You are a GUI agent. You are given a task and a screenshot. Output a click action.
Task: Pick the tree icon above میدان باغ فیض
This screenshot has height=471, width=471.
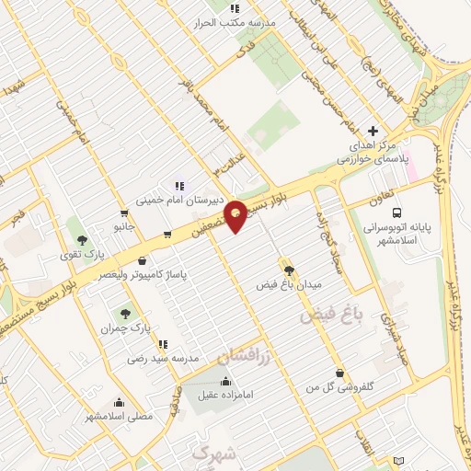coord(290,270)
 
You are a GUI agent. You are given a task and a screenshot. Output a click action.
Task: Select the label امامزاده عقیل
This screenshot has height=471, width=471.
coord(226,395)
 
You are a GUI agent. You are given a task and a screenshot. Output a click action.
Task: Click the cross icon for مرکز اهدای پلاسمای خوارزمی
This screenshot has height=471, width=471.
coord(373,132)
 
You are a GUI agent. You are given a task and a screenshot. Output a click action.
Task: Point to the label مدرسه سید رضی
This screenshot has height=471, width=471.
coord(163,358)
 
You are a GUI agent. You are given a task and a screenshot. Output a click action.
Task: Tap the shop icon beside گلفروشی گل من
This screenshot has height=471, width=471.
coord(341,373)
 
